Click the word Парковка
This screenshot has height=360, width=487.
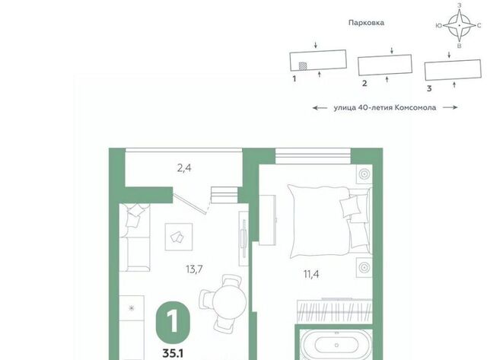coord(366,23)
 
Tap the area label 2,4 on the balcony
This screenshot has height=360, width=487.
coord(184,168)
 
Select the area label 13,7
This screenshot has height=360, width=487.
coord(194,269)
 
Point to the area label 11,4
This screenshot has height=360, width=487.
coord(311,274)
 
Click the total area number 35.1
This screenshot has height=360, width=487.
coord(173,353)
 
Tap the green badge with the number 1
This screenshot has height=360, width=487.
coord(173,322)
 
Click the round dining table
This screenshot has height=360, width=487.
coord(229,301)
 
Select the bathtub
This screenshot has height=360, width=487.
coord(336,345)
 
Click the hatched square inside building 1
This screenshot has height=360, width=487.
coord(303,66)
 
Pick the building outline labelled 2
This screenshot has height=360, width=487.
coord(385,65)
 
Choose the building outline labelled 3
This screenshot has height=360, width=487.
coord(454,70)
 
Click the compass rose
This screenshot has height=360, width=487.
coord(460,25)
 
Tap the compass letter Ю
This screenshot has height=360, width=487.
coord(439,26)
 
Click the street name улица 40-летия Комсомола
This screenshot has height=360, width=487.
coord(385,108)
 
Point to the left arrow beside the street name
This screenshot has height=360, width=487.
coord(320,108)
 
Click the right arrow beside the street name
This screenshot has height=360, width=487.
coord(450,107)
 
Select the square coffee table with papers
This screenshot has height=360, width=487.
coord(179,237)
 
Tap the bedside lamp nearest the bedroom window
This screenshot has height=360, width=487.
coord(364,174)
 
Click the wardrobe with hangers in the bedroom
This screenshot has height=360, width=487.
coord(335,311)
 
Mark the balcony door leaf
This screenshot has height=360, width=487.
coord(189,204)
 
